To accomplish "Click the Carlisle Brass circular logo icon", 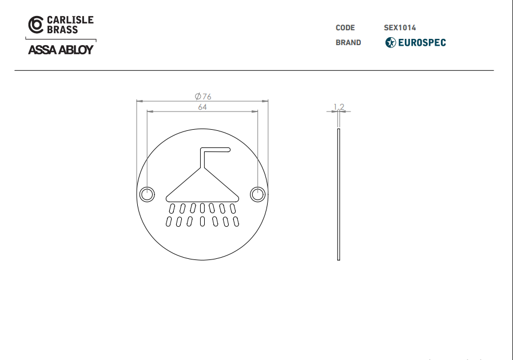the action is (x=35, y=25).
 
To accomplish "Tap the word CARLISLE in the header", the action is (x=70, y=20).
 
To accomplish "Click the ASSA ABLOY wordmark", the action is (x=61, y=50).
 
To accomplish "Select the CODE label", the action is (x=345, y=28).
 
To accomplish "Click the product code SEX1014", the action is (x=400, y=28).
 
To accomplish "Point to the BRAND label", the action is (x=348, y=42).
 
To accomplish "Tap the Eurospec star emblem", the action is (x=390, y=42).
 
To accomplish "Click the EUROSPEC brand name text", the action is (x=422, y=42).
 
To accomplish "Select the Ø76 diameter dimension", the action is (x=203, y=97).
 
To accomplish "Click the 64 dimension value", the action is (x=202, y=107).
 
